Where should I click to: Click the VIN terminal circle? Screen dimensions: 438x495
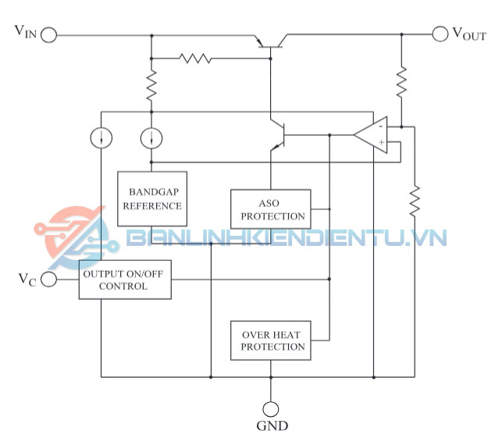[x=49, y=34]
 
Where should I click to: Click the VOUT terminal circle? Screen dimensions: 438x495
[x=441, y=34]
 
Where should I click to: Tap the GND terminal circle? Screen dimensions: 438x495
[x=270, y=408]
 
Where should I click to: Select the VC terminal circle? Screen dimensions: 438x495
[x=49, y=280]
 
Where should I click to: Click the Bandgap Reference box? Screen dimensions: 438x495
[x=151, y=198]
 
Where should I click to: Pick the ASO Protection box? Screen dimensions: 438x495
[x=270, y=208]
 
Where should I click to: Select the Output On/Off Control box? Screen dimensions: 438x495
[x=125, y=280]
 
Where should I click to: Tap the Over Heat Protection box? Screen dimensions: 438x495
[x=269, y=340]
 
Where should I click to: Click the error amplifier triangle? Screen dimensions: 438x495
[x=372, y=134]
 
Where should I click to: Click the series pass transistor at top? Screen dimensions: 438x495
[x=269, y=42]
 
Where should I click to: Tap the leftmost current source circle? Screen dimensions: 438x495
[x=101, y=138]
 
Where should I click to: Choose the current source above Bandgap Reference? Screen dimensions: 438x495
[x=151, y=138]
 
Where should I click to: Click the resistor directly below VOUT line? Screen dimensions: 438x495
[x=401, y=81]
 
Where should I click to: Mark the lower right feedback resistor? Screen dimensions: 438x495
[x=414, y=201]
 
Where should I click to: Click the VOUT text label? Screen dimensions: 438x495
[x=468, y=34]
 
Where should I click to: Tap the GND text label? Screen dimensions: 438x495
[x=271, y=426]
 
